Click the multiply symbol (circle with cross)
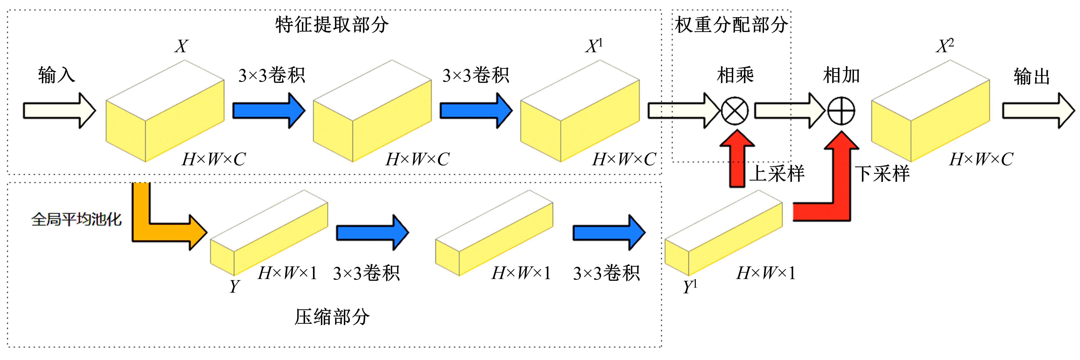(734, 111)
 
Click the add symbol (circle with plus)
(841, 111)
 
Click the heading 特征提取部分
(332, 25)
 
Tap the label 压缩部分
(332, 317)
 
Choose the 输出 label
(1032, 76)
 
